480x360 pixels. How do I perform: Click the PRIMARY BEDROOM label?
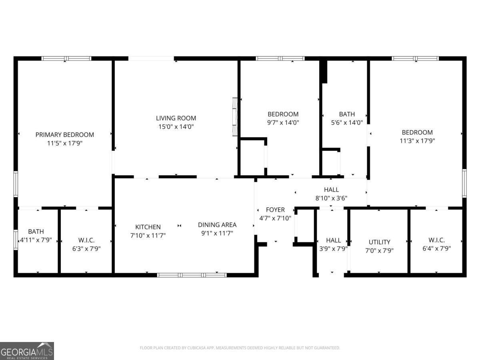coord(64,135)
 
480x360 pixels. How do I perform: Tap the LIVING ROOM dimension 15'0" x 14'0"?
coord(176,127)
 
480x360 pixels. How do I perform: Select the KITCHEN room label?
coord(148,227)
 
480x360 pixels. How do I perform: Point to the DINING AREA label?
coord(217,225)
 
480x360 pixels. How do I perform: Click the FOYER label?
coord(275,210)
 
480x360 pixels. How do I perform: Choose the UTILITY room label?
coord(379,242)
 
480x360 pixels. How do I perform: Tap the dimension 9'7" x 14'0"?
coord(283,123)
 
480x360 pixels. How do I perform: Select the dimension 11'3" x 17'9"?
coord(417,141)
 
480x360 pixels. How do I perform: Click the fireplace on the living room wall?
coord(235,117)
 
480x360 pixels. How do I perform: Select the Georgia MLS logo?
coord(27,351)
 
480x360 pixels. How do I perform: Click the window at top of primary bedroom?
coord(66,58)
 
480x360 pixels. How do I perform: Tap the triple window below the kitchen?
coord(192,275)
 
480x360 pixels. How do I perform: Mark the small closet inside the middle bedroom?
coord(252,157)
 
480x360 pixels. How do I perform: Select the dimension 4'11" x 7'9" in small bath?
coord(36,240)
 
